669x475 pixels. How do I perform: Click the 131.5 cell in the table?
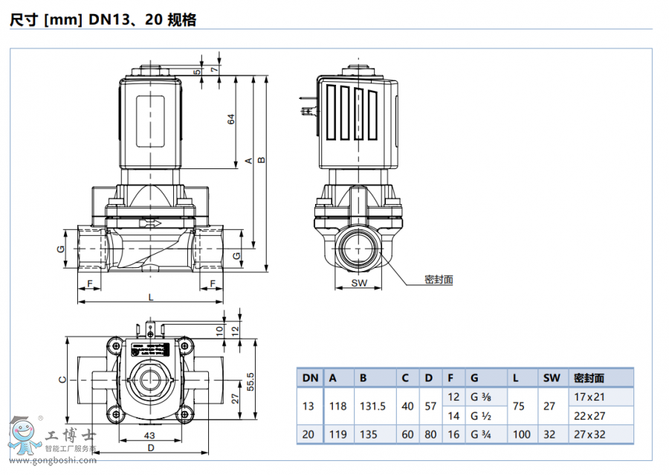click(x=372, y=407)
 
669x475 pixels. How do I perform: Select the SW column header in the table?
click(x=551, y=377)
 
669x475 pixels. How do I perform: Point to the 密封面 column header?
click(x=589, y=377)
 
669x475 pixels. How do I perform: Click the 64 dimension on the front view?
click(x=231, y=118)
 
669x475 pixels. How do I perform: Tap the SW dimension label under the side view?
click(x=359, y=283)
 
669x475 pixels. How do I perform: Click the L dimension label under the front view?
click(x=150, y=297)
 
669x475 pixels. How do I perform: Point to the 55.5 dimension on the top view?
click(x=251, y=381)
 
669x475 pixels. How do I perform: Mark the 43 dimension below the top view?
click(x=149, y=434)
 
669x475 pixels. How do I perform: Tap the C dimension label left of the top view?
click(x=62, y=379)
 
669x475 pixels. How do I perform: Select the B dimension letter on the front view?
click(x=260, y=160)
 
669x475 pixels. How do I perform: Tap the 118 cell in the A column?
click(x=337, y=407)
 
